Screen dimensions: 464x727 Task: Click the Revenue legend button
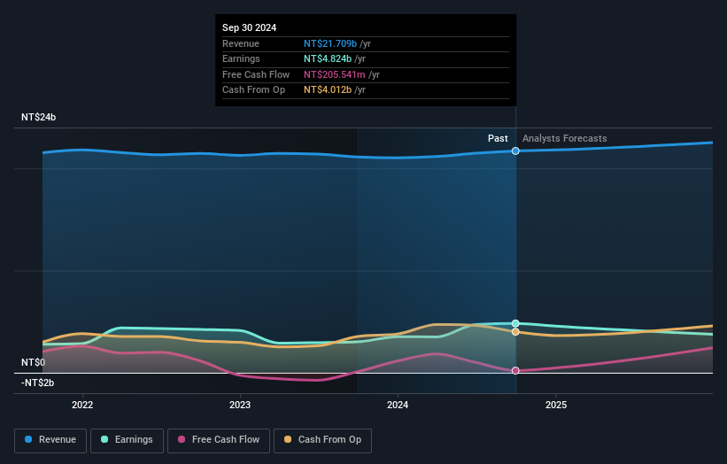(x=51, y=439)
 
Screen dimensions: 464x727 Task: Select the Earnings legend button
(x=126, y=439)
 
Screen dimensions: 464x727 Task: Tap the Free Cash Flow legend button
(x=217, y=439)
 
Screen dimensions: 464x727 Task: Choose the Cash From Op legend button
(x=322, y=439)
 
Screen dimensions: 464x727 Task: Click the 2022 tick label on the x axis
(x=82, y=406)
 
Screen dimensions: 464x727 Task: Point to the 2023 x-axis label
(x=240, y=406)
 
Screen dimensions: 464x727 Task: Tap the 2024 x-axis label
(x=398, y=406)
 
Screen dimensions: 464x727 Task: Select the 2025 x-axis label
(x=556, y=406)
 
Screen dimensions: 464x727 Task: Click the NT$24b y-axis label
(x=39, y=118)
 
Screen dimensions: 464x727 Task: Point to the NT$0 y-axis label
(x=33, y=363)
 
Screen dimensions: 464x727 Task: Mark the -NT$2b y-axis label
(x=38, y=383)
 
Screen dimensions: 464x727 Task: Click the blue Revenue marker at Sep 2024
(x=515, y=151)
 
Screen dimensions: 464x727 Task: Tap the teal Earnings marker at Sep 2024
(x=515, y=323)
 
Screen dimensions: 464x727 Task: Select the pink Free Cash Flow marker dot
(x=515, y=370)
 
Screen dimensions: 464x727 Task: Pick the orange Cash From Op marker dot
(x=515, y=332)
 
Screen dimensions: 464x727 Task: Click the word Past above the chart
(x=498, y=138)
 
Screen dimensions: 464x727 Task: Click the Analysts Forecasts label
(x=565, y=138)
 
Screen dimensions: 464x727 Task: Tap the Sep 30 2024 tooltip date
(x=249, y=27)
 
